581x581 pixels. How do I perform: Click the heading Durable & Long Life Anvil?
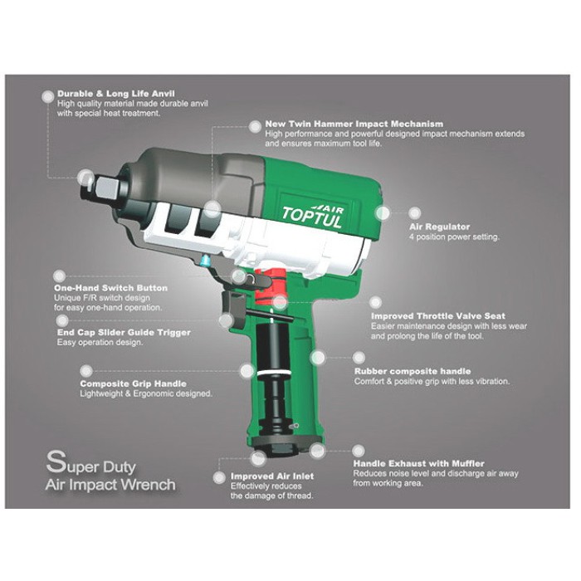[x=116, y=94]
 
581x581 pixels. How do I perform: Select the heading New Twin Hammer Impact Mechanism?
[x=354, y=124]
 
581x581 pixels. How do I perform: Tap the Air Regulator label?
[x=439, y=227]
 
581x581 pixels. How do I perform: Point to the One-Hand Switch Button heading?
[x=110, y=288]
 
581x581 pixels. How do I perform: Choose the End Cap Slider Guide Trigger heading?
[x=124, y=332]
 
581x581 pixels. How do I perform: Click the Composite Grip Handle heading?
[x=133, y=383]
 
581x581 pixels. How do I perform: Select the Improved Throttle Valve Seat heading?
[x=438, y=316]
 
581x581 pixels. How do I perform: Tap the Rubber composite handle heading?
[x=413, y=371]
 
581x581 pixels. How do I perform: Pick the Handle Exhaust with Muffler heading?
[x=418, y=463]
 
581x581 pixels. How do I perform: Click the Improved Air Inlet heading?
[x=272, y=476]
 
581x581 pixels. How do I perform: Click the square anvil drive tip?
[x=107, y=188]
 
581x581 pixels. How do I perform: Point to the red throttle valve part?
[x=271, y=287]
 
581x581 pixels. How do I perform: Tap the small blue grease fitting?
[x=204, y=261]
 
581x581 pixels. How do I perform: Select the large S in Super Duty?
[x=56, y=461]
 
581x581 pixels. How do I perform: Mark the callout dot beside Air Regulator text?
[x=415, y=212]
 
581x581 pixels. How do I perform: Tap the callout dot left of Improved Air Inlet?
[x=219, y=477]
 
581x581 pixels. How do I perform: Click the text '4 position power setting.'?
[x=454, y=237]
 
